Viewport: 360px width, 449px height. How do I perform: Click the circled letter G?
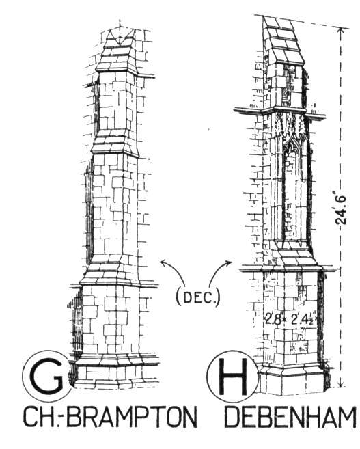pos(46,375)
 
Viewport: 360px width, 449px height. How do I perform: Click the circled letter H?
pos(233,376)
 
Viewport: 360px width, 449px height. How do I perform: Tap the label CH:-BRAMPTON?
pos(110,418)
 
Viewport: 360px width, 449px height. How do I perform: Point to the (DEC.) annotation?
pos(198,297)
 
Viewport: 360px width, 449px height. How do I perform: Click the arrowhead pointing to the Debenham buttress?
pos(228,262)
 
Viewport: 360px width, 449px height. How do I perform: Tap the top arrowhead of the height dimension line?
pos(341,30)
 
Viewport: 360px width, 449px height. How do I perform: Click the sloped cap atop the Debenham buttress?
pos(283,40)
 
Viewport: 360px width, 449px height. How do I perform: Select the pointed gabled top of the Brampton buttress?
pos(117,51)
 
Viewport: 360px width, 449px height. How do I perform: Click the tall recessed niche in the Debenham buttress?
pos(292,195)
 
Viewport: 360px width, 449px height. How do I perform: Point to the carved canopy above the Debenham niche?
pos(292,129)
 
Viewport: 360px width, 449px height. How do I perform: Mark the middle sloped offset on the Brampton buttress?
pos(114,144)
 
